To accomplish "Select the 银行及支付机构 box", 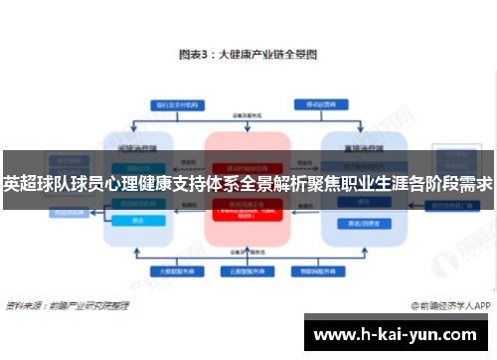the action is tap(174, 103).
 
